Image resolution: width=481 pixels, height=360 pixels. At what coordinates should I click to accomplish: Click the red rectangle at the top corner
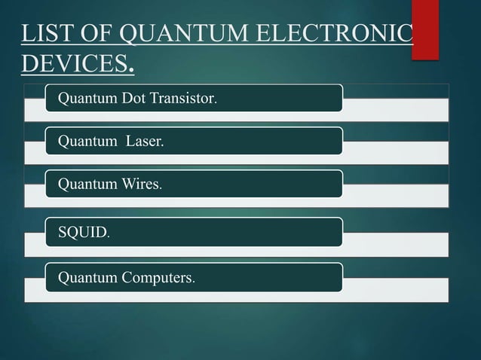424,29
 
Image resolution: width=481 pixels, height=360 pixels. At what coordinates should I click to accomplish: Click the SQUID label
82,232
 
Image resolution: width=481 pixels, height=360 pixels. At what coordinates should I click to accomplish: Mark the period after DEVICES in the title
132,70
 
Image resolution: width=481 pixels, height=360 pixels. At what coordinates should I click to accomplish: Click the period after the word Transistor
216,102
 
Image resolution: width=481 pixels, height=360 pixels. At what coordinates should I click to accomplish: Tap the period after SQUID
109,236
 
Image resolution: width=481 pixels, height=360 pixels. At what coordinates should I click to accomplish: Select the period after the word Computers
194,282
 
